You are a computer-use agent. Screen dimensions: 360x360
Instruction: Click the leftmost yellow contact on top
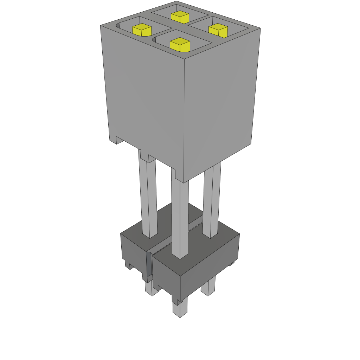(142, 30)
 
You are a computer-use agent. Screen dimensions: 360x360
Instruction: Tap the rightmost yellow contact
(218, 31)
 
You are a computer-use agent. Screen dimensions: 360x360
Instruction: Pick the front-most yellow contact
(180, 45)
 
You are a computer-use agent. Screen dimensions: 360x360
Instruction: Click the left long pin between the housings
(148, 197)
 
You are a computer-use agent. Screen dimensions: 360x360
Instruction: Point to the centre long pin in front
(180, 218)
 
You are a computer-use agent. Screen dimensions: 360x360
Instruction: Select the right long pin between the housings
(212, 200)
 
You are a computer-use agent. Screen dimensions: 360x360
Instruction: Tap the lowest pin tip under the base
(180, 309)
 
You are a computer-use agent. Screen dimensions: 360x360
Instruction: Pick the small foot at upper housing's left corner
(120, 140)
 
